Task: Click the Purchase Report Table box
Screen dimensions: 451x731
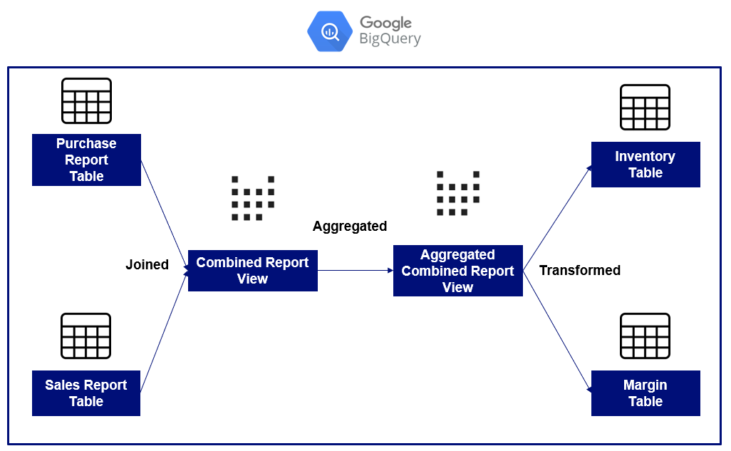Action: click(86, 160)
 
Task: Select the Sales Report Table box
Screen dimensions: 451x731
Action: click(86, 393)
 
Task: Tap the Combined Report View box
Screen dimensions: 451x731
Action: click(252, 271)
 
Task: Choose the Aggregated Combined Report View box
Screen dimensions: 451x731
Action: click(457, 271)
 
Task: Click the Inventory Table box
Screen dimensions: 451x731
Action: click(645, 165)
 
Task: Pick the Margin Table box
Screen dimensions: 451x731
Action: click(645, 393)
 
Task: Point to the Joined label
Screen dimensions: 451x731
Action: click(147, 265)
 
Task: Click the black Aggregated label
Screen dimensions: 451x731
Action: click(350, 227)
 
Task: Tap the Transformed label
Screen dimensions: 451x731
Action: click(579, 271)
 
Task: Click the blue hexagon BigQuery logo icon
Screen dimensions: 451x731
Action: click(330, 31)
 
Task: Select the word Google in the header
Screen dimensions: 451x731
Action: click(385, 22)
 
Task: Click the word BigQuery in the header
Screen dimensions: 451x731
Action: click(390, 39)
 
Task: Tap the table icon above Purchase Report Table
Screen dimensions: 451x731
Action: click(86, 100)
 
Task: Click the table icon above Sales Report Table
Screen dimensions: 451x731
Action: click(86, 336)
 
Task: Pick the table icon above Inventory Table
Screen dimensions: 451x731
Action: click(645, 107)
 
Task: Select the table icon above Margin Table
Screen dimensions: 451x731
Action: click(645, 336)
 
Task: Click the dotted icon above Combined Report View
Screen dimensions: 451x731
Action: click(253, 198)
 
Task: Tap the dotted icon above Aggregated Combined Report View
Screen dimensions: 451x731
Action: click(457, 193)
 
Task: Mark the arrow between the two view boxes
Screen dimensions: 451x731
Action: click(355, 271)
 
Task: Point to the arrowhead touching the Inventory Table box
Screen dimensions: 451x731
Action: click(589, 168)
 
